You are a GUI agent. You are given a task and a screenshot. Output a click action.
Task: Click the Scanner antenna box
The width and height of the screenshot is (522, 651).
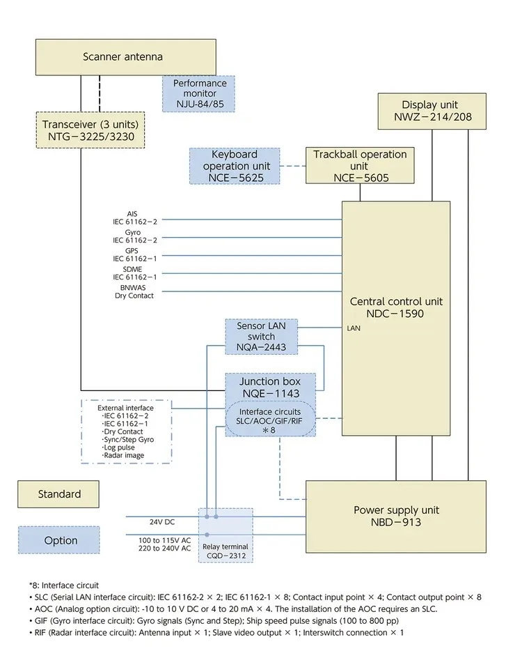click(122, 57)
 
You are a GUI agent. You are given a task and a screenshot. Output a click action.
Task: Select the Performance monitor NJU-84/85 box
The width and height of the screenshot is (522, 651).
click(200, 94)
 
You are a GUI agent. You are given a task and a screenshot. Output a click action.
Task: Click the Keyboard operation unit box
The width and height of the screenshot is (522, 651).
click(235, 166)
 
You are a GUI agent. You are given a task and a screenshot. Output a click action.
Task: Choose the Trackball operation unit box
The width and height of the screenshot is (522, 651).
click(359, 166)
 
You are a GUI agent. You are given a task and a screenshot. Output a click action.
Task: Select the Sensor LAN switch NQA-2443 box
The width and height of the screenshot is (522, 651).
click(261, 336)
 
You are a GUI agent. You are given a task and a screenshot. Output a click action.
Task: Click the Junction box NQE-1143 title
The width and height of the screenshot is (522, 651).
click(269, 388)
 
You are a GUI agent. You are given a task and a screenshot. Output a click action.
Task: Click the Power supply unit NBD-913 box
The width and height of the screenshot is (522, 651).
click(396, 516)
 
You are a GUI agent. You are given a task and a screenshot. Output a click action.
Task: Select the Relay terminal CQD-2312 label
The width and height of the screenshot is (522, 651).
click(226, 551)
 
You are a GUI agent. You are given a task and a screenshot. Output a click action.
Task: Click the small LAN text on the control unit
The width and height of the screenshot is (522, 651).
click(353, 327)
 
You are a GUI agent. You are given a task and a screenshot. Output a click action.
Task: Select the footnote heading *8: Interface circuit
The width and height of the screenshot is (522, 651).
click(63, 585)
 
